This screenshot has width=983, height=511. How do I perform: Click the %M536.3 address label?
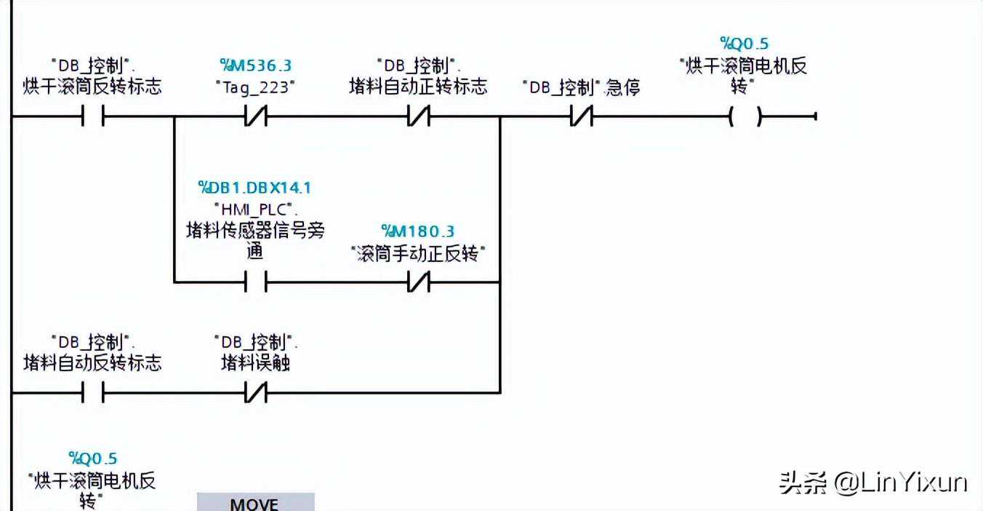(x=255, y=66)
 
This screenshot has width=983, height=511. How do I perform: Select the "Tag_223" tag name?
(x=255, y=87)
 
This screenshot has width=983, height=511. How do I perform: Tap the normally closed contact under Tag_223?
(x=255, y=116)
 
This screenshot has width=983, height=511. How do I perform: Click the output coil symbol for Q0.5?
(x=745, y=116)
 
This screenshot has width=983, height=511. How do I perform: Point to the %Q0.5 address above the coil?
(x=744, y=44)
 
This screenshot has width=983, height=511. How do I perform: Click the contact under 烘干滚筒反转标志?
(x=92, y=116)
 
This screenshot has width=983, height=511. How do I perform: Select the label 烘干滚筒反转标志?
(x=92, y=87)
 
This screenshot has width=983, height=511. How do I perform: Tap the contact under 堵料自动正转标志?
(x=418, y=116)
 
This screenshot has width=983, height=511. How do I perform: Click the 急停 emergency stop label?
(x=622, y=87)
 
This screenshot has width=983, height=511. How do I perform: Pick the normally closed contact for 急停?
(x=582, y=116)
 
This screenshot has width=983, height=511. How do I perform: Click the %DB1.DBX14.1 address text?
(x=255, y=188)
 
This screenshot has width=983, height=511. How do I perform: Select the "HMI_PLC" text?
(x=255, y=210)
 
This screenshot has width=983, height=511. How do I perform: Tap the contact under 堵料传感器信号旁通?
(x=255, y=282)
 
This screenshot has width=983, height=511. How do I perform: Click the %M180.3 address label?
(x=418, y=231)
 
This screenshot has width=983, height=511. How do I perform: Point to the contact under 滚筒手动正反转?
(x=418, y=282)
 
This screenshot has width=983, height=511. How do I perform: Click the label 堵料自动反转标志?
(x=92, y=363)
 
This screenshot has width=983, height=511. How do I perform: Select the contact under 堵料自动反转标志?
(x=92, y=394)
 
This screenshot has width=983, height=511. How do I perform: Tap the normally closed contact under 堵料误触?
(x=255, y=394)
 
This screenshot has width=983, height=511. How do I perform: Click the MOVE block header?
(x=255, y=503)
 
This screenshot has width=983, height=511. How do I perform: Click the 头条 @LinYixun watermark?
(x=872, y=482)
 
